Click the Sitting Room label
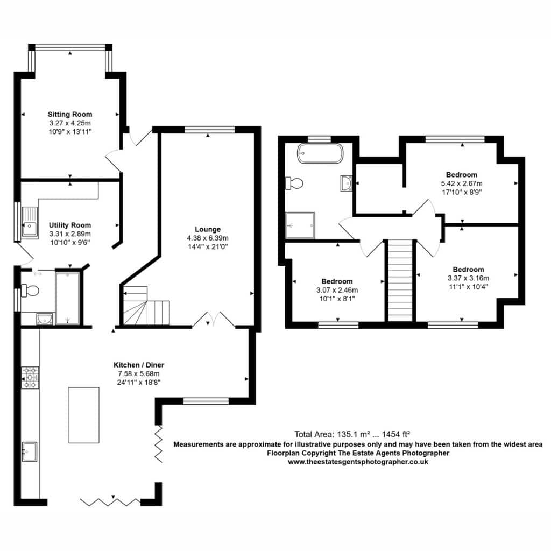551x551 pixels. point(70,114)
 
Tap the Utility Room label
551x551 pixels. point(70,225)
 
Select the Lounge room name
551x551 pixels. point(208,229)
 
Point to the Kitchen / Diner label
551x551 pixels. point(139,365)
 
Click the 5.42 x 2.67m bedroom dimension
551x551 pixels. point(462,183)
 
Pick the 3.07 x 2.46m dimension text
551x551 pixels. point(337,290)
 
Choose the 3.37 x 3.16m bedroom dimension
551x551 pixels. point(469,278)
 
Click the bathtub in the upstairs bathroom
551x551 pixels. point(320,153)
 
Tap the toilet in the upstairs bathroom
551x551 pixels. point(294,183)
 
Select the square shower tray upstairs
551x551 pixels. point(300,225)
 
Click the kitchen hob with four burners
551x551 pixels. point(30,378)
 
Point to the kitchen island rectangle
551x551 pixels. point(83,415)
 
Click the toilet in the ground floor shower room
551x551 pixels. point(30,291)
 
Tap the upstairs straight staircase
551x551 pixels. point(400,280)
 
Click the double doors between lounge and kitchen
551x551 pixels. point(213,319)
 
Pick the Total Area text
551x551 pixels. point(352,434)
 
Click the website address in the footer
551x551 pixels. point(358,462)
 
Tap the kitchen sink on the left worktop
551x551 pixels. point(30,451)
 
